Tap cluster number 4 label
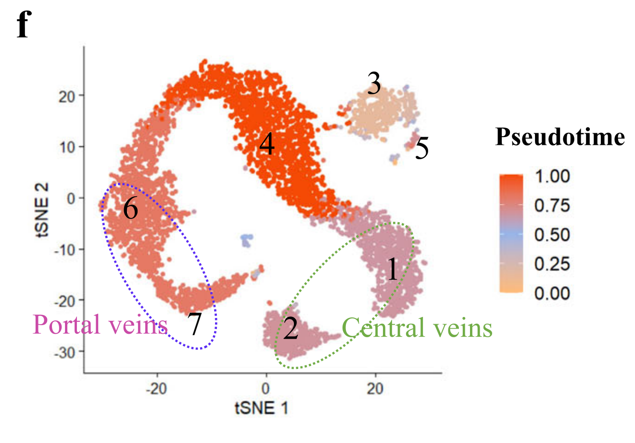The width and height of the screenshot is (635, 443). coord(267,144)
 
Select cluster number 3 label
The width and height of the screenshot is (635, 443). coord(374,84)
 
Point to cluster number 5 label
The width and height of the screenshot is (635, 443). coord(421,148)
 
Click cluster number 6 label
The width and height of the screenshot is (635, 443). coord(130,209)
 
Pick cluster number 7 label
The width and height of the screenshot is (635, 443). coord(195,325)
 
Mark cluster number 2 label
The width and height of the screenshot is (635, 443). coord(291,329)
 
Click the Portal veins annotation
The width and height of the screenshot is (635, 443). coord(100,325)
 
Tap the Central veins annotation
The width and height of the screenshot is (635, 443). coord(417,328)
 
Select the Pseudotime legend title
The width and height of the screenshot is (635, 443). coord(560,137)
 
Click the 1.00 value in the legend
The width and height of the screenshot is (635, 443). coord(552,176)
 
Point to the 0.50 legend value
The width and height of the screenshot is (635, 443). coord(552,235)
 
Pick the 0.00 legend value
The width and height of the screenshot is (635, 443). coord(552,293)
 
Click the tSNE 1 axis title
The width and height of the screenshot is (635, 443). coord(262,408)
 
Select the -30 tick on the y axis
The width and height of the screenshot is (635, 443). coord(67,352)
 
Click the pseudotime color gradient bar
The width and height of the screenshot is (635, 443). coord(511,234)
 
